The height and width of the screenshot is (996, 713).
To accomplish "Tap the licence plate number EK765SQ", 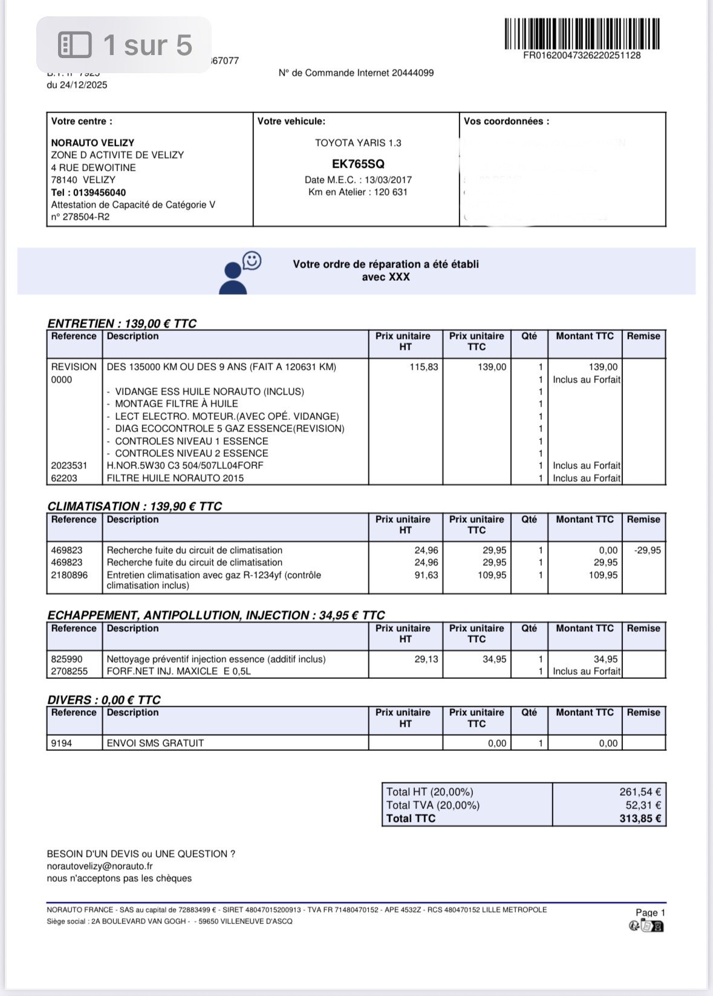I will click(358, 164).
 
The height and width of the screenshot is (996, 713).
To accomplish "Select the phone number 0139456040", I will click(97, 192).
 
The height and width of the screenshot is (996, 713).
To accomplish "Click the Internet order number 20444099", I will click(412, 73).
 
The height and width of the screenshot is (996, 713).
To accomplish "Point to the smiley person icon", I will click(240, 274).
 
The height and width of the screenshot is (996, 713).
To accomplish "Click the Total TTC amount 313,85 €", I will click(640, 819).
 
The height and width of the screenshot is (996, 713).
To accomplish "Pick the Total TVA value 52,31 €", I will click(643, 805).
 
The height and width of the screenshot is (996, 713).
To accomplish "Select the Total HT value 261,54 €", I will click(640, 792).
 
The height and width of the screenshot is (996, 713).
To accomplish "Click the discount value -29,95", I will click(647, 551).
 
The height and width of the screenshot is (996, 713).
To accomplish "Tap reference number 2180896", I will click(69, 575).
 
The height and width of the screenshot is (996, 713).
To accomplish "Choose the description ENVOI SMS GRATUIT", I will click(155, 743).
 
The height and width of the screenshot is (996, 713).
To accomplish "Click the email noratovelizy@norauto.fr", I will click(100, 866).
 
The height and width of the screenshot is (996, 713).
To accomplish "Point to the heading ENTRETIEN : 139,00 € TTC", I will click(122, 324).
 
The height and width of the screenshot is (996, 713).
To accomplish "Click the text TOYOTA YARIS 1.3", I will click(358, 143).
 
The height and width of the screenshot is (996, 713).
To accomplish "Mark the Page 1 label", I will click(650, 912).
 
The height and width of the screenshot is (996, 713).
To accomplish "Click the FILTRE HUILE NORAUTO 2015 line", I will click(175, 478).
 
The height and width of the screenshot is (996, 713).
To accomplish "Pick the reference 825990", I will click(67, 659).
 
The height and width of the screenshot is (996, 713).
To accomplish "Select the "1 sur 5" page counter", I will click(125, 45).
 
